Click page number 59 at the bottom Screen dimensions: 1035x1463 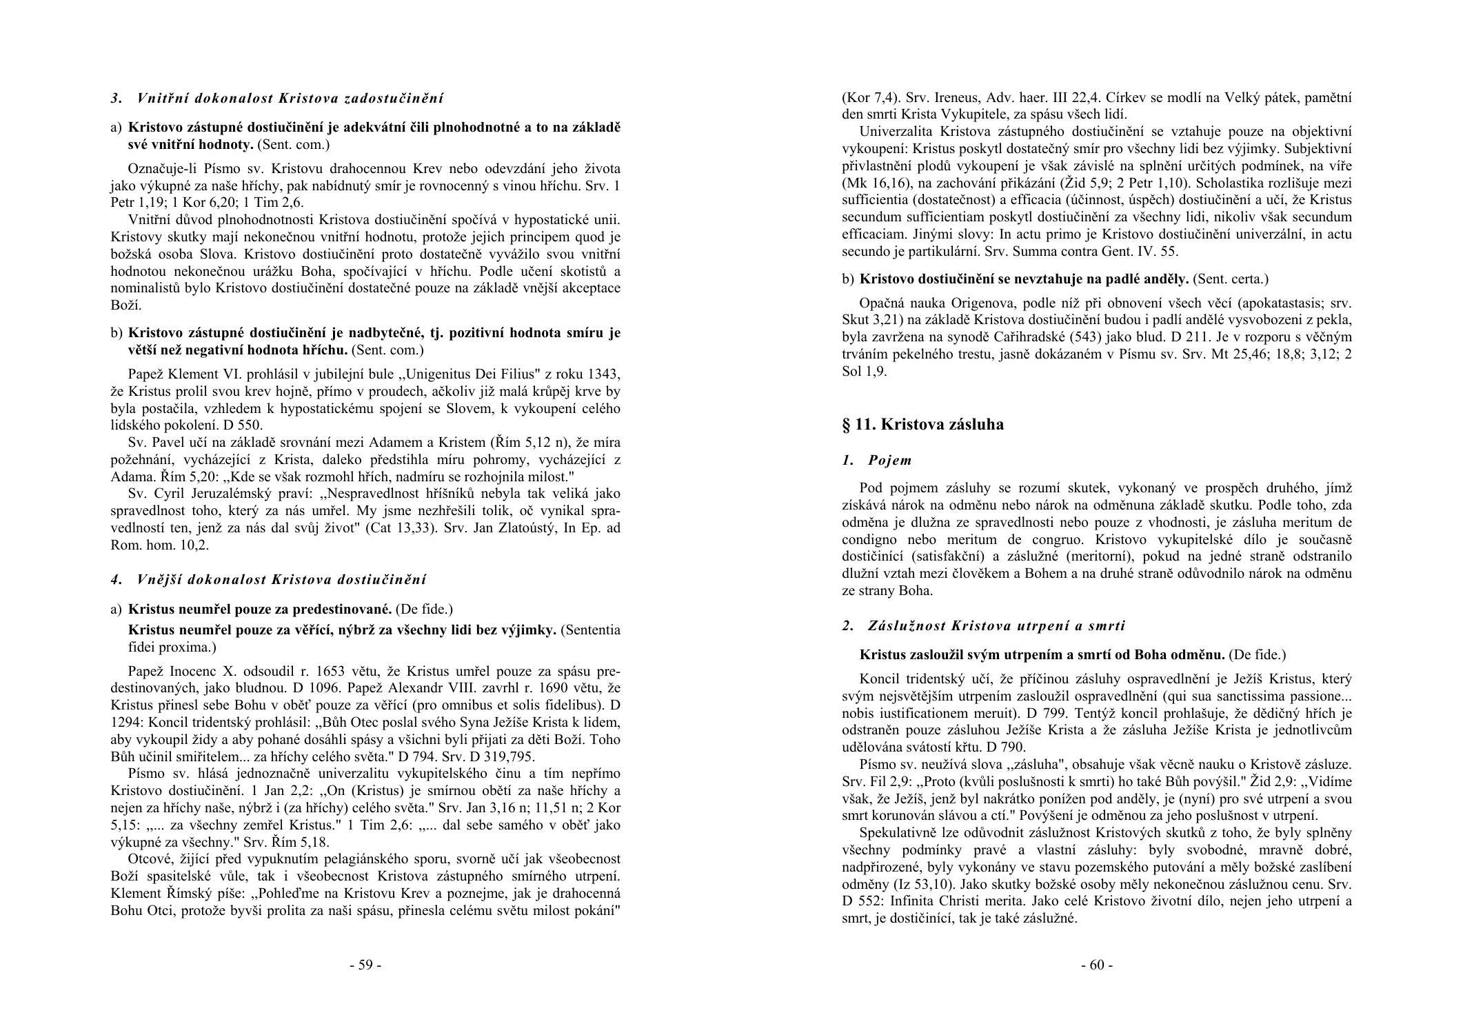pyautogui.click(x=365, y=965)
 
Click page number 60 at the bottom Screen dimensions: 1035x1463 pyautogui.click(x=1096, y=965)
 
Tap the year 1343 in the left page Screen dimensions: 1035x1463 pyautogui.click(x=605, y=374)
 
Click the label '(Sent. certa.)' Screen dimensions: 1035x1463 pyautogui.click(x=1230, y=279)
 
